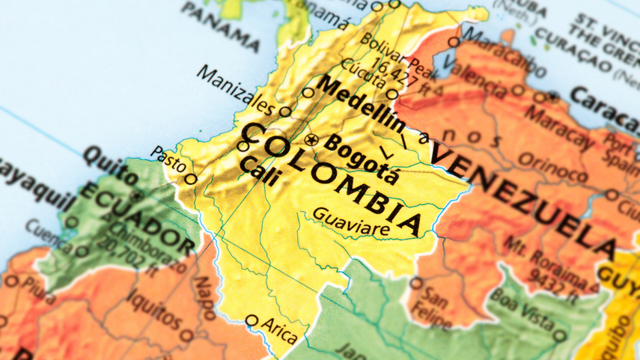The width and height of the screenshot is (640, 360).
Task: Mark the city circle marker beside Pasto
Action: (191, 178)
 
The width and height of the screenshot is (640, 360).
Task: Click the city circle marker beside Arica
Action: (252, 321)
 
